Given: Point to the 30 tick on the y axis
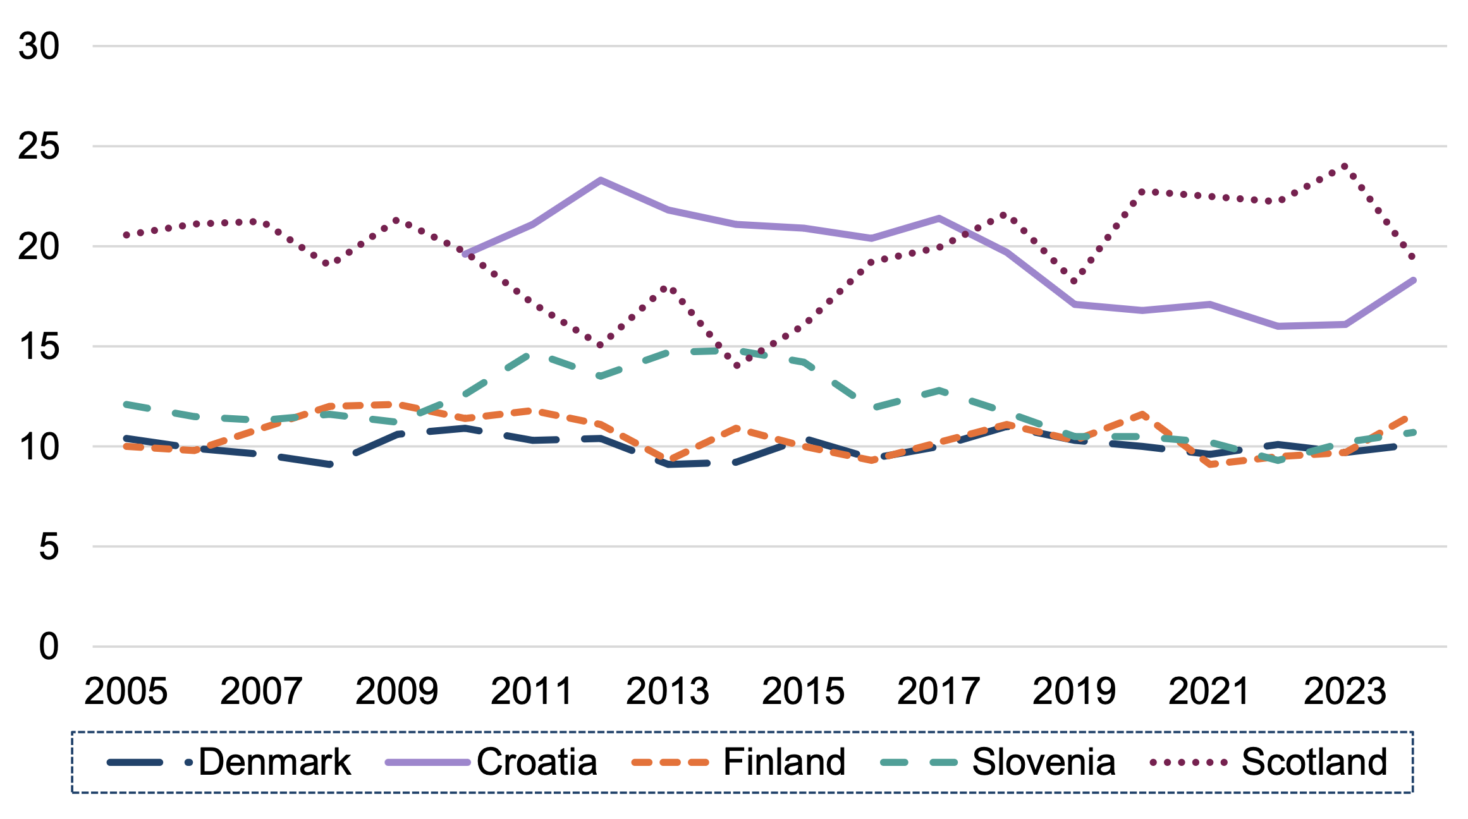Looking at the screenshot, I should [39, 46].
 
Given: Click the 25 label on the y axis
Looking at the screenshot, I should [39, 147].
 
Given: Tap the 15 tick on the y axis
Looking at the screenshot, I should [39, 347].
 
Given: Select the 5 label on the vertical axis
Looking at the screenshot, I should [49, 547].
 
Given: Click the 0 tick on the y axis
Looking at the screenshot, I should [49, 647].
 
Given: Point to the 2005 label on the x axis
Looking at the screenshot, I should [126, 691].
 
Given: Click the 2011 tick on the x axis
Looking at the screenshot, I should [532, 691].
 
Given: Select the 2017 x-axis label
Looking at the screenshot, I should [938, 691].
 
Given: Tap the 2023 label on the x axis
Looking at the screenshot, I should [1345, 691].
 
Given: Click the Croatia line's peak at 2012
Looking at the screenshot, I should [600, 180].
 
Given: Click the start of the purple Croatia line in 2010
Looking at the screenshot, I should [465, 254].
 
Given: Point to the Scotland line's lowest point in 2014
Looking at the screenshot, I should [737, 366].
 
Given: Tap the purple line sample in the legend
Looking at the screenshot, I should [427, 763].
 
